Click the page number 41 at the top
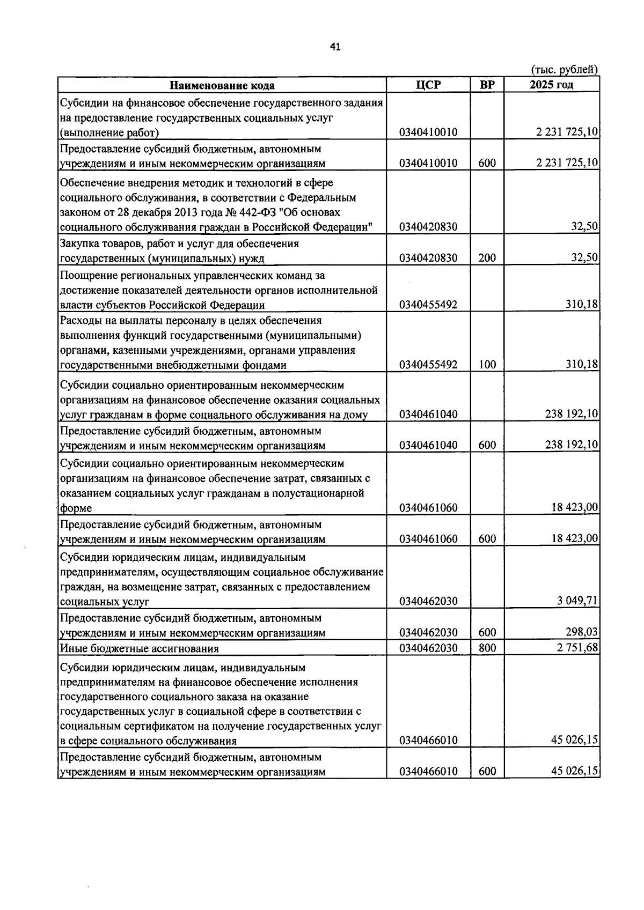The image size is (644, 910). [x=335, y=48]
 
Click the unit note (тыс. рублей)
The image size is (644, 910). [x=564, y=70]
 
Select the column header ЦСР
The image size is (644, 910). [x=428, y=85]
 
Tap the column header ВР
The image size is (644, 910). [x=487, y=85]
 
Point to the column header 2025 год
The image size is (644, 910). [x=551, y=85]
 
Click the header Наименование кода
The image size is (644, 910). [x=222, y=85]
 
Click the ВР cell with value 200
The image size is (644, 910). [x=487, y=258]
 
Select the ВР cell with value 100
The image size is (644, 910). [x=487, y=365]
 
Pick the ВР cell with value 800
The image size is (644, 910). [x=487, y=648]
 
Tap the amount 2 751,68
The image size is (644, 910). [x=577, y=648]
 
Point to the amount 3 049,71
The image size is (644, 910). [x=577, y=601]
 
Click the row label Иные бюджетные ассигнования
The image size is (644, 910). [x=140, y=648]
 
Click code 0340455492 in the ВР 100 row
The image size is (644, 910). [x=428, y=365]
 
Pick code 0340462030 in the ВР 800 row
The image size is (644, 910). [x=428, y=648]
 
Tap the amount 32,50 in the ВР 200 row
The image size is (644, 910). [x=584, y=258]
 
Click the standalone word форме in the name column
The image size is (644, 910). [x=76, y=508]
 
